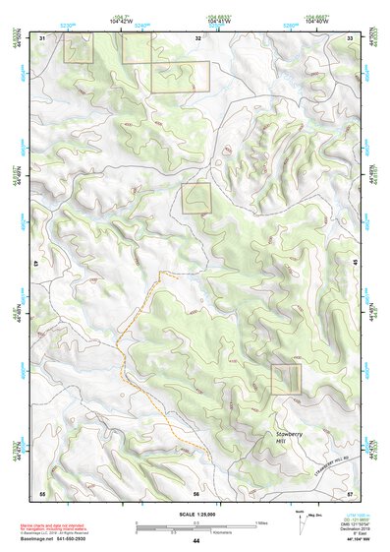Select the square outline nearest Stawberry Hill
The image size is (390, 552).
coord(286,379)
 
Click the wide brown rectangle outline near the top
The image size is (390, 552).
coord(180,78)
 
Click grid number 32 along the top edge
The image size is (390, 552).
coord(198,37)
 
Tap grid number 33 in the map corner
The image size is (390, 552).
coord(350,37)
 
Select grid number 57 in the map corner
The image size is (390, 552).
coord(350,491)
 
